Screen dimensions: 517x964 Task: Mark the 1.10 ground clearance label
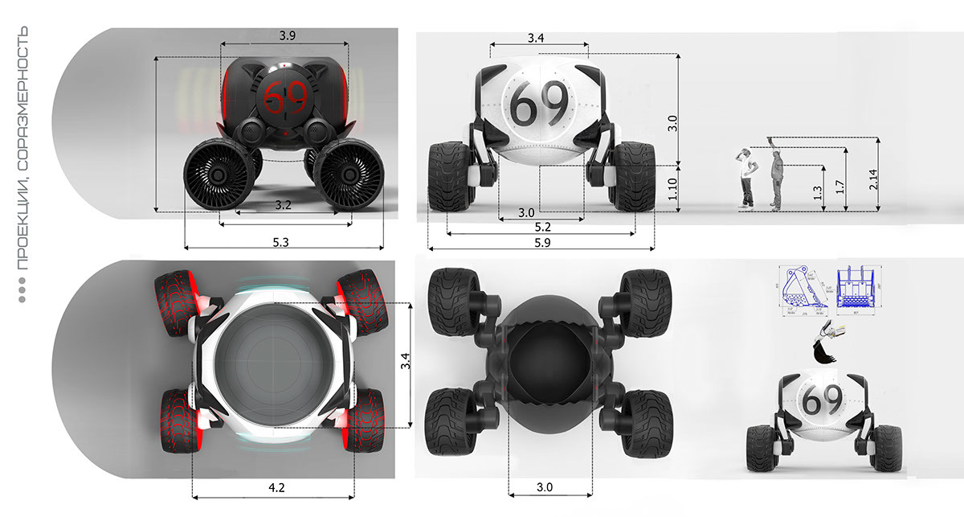[673, 188]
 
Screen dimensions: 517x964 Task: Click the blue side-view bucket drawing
[804, 289]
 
